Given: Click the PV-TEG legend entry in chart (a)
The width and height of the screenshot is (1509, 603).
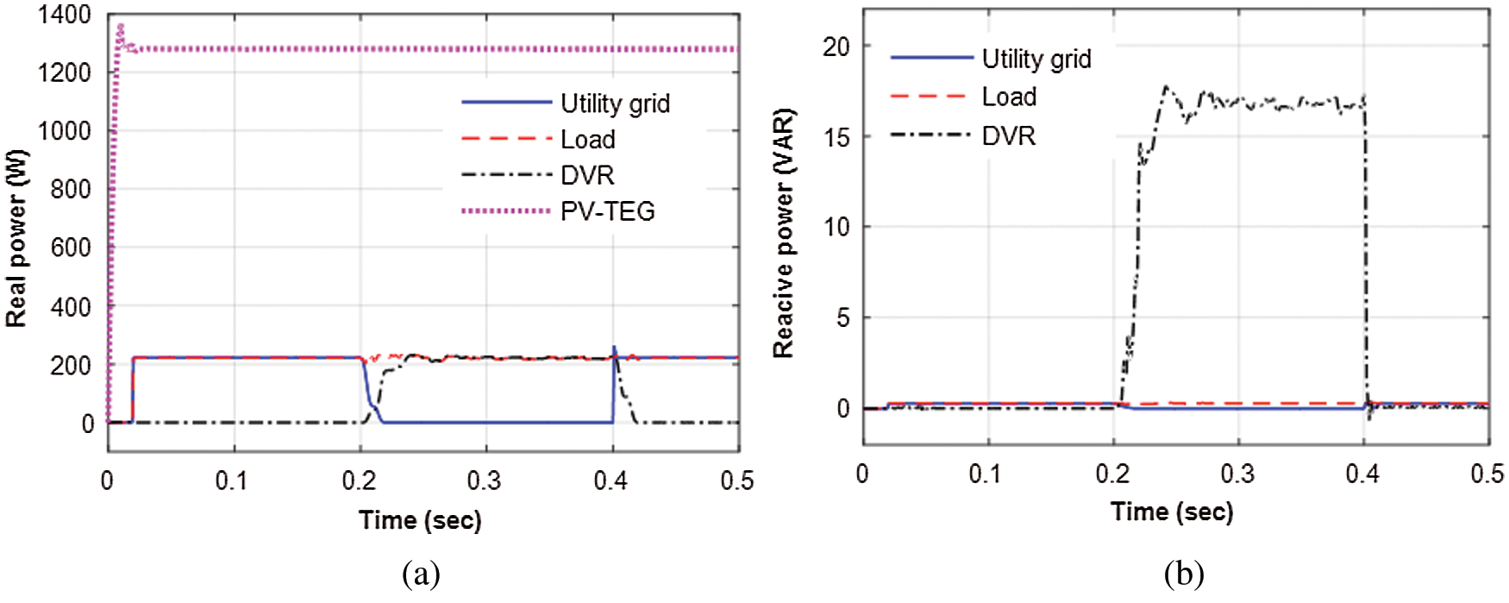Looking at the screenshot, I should (607, 211).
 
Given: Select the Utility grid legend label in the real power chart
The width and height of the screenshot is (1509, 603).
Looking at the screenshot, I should (615, 104).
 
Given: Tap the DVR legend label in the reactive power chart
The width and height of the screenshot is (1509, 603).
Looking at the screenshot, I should (1008, 136).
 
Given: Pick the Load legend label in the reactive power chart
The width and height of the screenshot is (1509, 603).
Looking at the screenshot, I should (1009, 97).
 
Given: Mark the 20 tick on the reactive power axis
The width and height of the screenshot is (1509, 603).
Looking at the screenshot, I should (836, 47).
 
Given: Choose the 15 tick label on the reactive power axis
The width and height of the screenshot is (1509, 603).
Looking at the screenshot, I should (836, 137).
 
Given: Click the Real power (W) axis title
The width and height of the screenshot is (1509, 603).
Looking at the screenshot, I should (16, 238).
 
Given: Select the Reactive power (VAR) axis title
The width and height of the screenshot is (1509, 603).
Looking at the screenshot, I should (783, 233).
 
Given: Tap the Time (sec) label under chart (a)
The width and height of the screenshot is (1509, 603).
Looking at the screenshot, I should (420, 520).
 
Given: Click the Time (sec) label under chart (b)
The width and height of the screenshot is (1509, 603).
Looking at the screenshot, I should (1172, 512).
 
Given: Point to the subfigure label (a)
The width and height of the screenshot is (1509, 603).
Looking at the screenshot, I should (421, 574).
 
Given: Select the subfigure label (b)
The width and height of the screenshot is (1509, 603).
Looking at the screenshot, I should (1183, 574).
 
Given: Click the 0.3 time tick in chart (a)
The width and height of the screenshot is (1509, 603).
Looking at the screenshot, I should (485, 481).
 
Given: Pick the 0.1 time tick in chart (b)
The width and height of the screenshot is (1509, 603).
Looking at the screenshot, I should (986, 474).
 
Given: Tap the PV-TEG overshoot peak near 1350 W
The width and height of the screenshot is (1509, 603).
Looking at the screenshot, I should (121, 26).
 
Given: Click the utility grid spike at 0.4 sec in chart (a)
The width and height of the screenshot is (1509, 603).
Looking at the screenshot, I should (614, 348).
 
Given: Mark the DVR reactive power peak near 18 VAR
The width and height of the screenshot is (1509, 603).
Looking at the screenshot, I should (1166, 86).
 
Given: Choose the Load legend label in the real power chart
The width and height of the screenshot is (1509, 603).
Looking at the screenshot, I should (587, 140).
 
